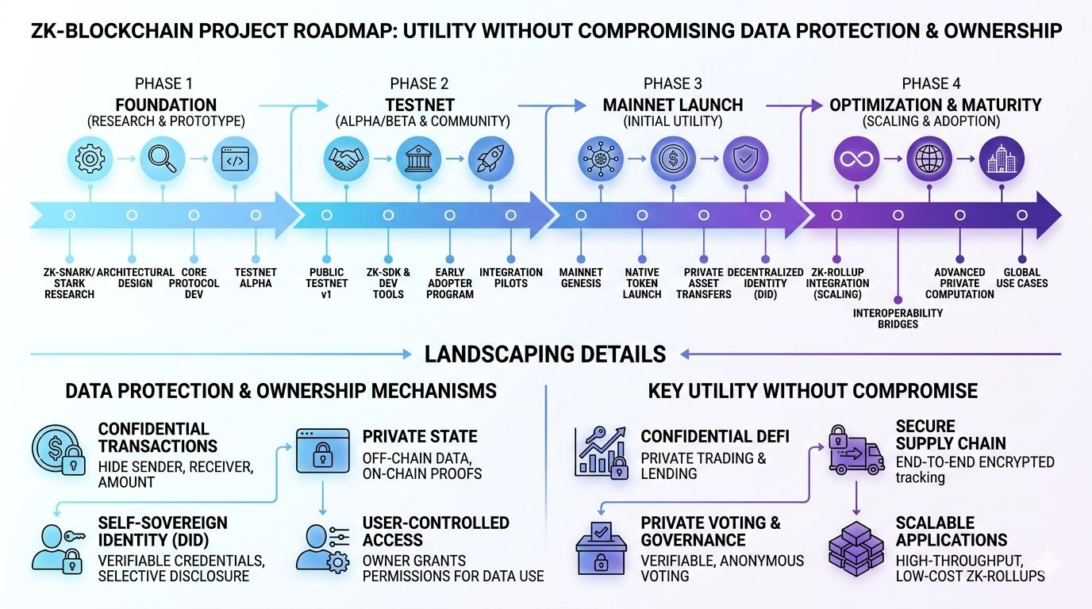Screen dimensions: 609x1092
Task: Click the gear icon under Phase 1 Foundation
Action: point(90,159)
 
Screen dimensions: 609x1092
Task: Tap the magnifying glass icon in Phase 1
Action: point(163,159)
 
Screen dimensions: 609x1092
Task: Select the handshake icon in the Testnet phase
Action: point(347,159)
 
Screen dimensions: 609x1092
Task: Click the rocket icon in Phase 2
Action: point(491,159)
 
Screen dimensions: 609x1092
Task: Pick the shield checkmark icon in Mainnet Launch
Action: point(745,159)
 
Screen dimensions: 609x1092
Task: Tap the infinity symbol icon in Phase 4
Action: point(857,159)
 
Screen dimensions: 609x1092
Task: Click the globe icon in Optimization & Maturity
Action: point(929,159)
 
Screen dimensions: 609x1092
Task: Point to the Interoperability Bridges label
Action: point(898,318)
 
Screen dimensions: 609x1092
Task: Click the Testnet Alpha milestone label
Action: point(256,278)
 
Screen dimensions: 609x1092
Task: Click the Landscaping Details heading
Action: point(545,354)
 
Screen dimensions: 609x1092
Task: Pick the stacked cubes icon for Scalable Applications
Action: point(856,547)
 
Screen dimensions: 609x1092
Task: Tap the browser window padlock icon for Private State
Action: point(322,451)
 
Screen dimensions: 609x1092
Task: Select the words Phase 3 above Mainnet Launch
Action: point(672,84)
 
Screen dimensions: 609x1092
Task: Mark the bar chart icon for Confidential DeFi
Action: point(601,453)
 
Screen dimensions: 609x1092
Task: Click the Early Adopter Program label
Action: point(449,283)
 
